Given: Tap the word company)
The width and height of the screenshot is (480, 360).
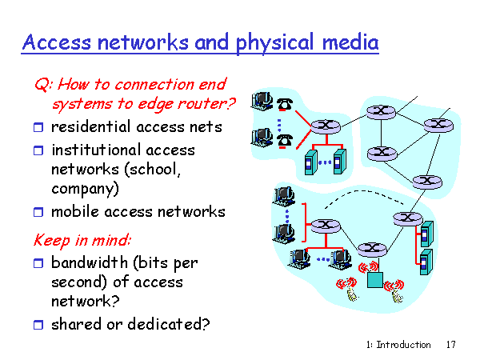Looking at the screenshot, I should click(x=85, y=190).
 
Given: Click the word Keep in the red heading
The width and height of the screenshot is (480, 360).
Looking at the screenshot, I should click(x=49, y=239).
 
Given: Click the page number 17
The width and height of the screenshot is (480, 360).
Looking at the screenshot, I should click(x=450, y=345).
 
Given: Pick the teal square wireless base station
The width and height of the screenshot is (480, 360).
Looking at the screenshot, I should click(x=374, y=279).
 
